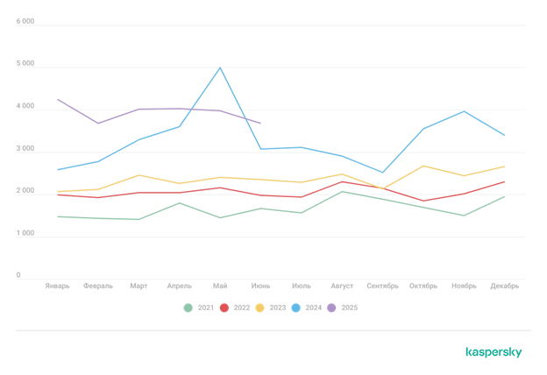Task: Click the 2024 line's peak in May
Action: (220, 67)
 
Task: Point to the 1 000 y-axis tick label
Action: (25, 234)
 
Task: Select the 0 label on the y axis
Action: (18, 276)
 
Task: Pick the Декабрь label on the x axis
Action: (505, 286)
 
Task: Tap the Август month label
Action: (342, 286)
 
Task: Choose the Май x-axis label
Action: (220, 286)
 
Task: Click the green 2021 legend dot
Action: (188, 308)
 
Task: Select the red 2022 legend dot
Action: (224, 308)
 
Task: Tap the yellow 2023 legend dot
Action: (260, 308)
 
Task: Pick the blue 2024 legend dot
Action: (296, 308)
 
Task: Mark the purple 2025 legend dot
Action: (332, 308)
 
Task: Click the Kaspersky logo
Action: (494, 352)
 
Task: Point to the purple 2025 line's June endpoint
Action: (260, 124)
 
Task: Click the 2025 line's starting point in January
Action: (57, 99)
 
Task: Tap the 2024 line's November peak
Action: (464, 110)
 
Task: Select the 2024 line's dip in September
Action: (382, 173)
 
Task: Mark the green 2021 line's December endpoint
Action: (504, 196)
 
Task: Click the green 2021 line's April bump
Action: (179, 203)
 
